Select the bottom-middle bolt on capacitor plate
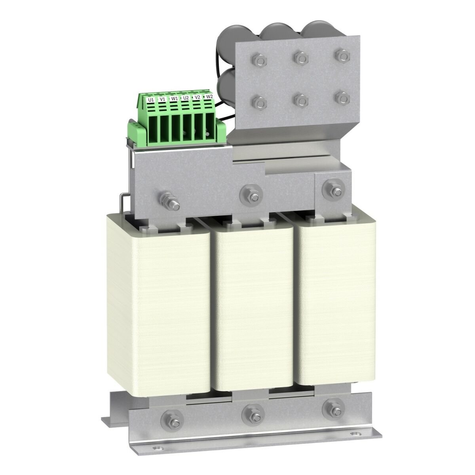point(300,101)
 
